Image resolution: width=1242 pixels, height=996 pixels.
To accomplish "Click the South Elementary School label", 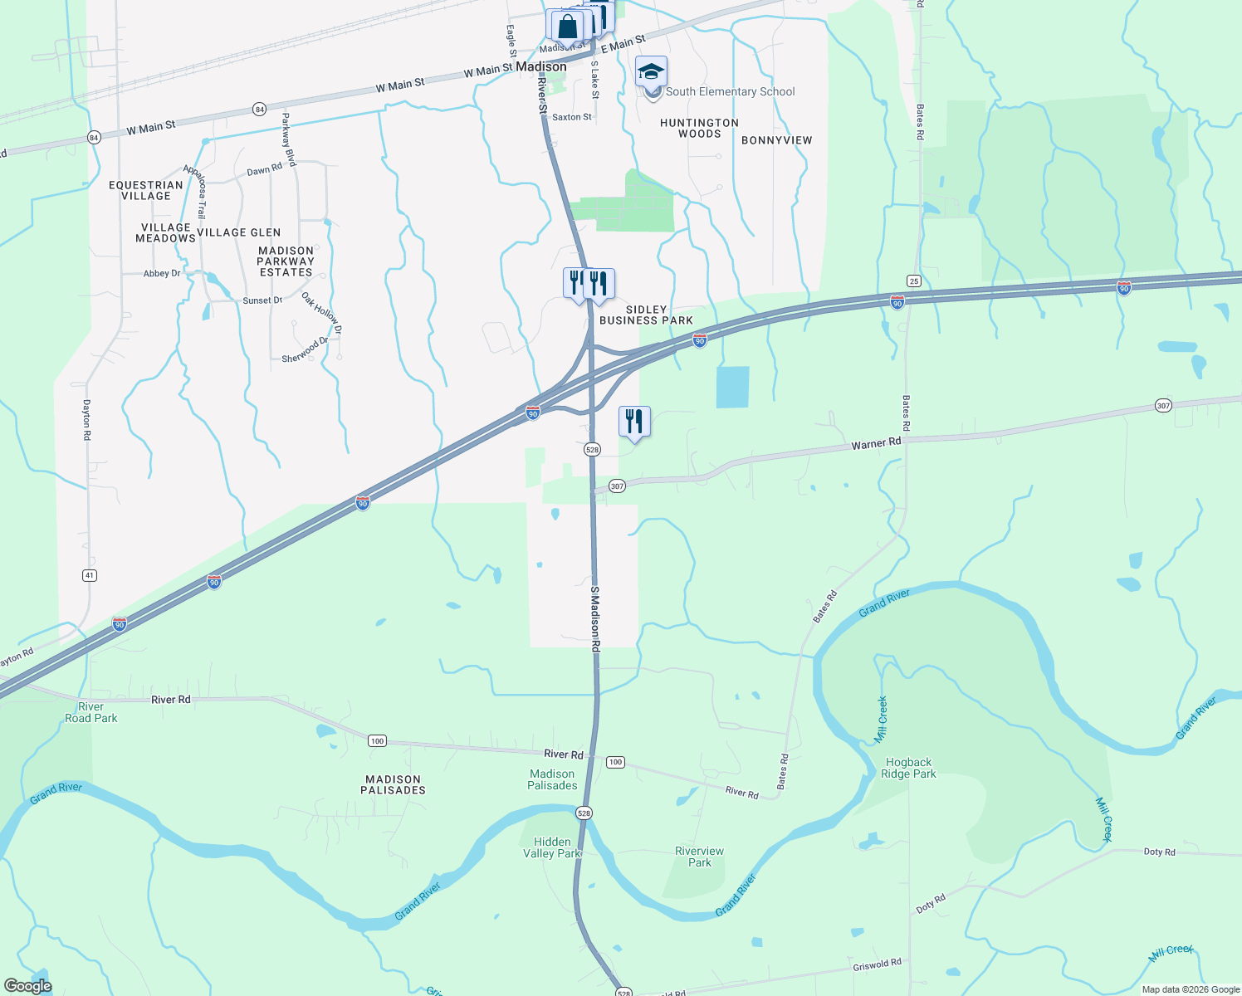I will coord(730,92).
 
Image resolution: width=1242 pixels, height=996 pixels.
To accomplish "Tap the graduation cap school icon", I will coord(652,71).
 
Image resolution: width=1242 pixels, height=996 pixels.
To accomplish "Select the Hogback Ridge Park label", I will coord(908,768).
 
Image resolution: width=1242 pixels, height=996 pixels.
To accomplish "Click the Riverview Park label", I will coord(699,857).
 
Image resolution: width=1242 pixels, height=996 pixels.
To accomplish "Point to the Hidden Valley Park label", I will coord(552,847).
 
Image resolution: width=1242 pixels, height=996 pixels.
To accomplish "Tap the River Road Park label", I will coord(91,712).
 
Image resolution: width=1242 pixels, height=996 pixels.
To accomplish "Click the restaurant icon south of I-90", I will coord(634,422).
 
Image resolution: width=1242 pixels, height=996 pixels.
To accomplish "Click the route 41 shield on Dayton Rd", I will coord(90,575).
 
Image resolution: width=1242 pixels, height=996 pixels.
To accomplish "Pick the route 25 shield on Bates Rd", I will coord(913,281).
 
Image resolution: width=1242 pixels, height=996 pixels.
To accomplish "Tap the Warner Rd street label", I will coord(876,444).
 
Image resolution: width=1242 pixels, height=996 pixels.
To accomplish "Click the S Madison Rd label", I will coord(595,618).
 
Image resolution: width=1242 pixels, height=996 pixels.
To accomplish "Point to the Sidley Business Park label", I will coord(646,315).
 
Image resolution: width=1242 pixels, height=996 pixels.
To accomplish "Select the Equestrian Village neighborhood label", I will coord(146,191).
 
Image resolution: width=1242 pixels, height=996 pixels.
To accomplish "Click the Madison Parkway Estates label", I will coord(286,261).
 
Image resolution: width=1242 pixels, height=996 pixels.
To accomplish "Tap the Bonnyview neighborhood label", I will coord(776,140).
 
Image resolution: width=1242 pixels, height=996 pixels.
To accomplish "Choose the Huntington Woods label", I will coord(699,128).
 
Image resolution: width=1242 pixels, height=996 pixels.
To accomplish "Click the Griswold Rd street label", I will coord(877,964).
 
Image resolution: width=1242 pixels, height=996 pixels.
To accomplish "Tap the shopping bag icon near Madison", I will coord(568,26).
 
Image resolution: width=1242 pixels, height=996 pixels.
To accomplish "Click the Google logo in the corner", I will coord(27,986).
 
